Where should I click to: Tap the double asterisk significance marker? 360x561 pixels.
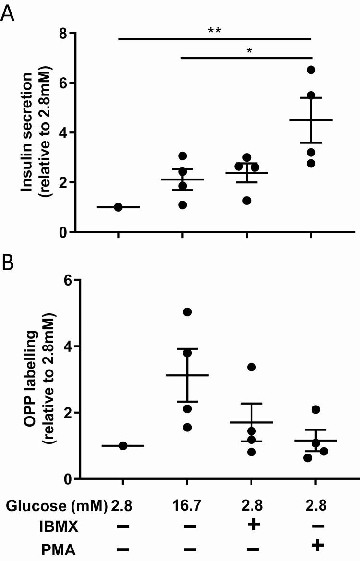pos(214,31)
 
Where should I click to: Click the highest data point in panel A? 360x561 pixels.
pos(311,70)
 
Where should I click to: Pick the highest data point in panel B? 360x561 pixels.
pos(187,312)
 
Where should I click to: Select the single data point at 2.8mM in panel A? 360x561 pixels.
pos(118,207)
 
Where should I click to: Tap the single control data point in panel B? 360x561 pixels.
pos(123,446)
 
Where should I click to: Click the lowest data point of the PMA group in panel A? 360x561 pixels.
pos(311,164)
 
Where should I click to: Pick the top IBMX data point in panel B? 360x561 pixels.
pos(252,367)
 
